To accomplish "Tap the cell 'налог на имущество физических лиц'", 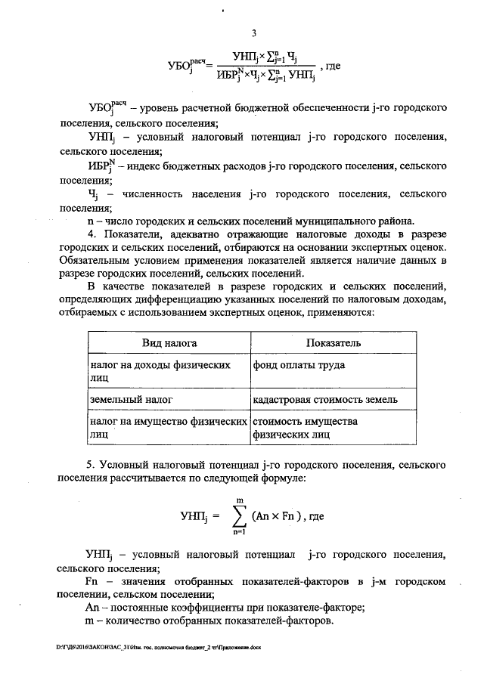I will [x=168, y=428].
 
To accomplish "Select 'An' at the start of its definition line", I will [x=92, y=607].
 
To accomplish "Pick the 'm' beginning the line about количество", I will [x=90, y=621].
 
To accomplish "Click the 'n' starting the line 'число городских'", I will [x=89, y=221].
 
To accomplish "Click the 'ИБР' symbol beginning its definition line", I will [x=98, y=166].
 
